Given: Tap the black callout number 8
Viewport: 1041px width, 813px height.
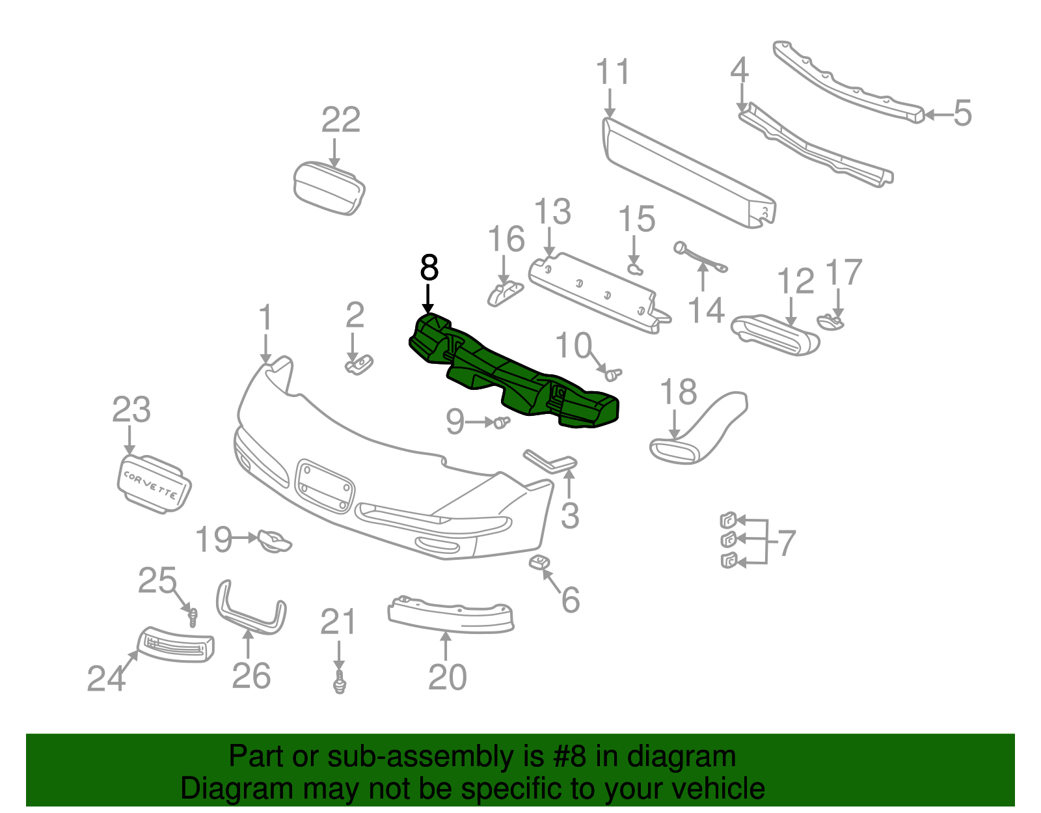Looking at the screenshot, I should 429,268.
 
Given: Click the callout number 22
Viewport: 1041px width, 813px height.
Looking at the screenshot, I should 341,120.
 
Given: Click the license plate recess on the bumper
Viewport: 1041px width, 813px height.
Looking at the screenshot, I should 325,486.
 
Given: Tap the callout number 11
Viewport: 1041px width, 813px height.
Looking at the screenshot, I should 613,72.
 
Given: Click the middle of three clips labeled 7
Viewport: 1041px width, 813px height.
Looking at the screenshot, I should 729,540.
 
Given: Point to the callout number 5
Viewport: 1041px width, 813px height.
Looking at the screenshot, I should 962,113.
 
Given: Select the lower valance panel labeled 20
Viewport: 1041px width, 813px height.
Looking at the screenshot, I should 450,615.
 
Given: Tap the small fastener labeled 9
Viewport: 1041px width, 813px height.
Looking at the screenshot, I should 500,422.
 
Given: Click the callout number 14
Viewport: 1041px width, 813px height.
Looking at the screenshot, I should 706,310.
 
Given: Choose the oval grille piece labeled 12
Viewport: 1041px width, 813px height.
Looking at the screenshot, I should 774,335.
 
